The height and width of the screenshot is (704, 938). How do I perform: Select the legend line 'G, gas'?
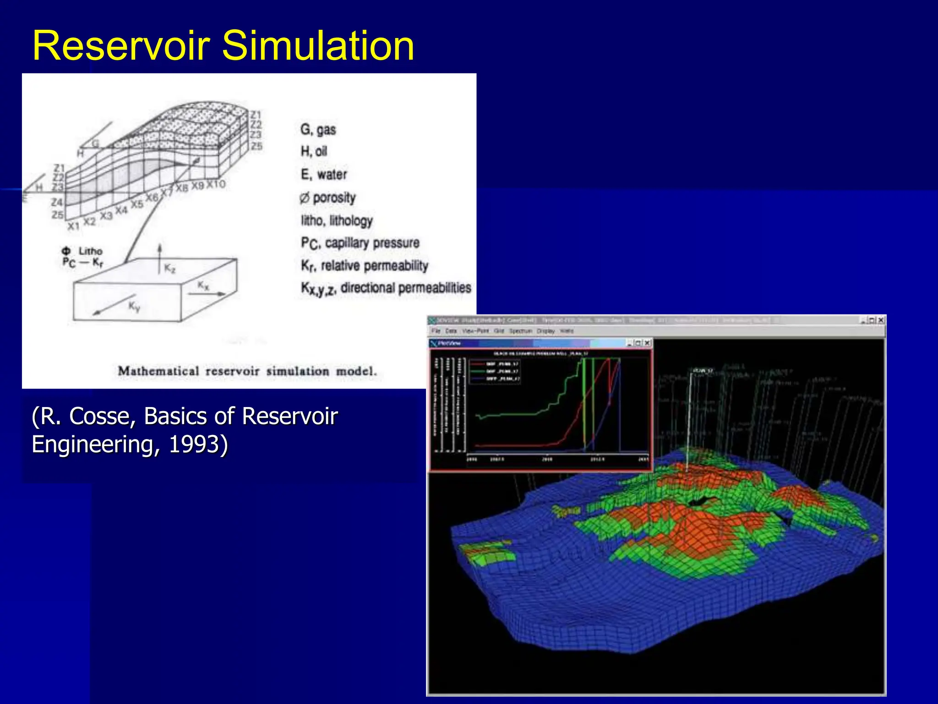click(x=318, y=130)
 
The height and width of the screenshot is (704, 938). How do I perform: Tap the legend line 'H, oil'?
click(x=314, y=151)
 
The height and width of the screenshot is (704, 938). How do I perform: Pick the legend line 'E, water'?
click(x=323, y=175)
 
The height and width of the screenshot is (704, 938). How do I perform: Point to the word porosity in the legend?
click(x=334, y=198)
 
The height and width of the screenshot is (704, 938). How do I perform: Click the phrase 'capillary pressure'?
click(x=372, y=242)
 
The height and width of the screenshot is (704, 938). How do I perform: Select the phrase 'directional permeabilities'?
click(x=405, y=288)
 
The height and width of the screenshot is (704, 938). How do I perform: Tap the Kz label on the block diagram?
click(x=169, y=268)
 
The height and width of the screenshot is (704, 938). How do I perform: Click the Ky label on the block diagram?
click(x=134, y=306)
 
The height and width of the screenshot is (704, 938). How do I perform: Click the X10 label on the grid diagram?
click(x=216, y=184)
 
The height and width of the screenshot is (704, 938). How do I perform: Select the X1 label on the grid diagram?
click(x=74, y=226)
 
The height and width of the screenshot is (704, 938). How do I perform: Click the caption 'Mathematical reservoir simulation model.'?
click(x=247, y=371)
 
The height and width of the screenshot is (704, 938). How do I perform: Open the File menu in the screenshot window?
click(x=436, y=331)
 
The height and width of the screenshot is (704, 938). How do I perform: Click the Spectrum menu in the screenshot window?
click(x=520, y=331)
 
